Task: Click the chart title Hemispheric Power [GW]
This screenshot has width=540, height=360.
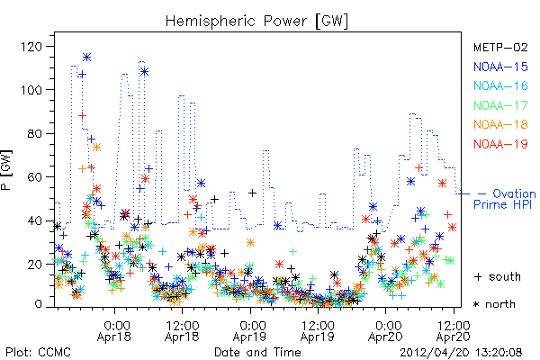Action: point(256,22)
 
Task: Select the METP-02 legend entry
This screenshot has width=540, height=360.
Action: point(500,47)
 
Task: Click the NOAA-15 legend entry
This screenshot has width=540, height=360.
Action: point(500,67)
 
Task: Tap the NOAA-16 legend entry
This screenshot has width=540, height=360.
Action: point(500,85)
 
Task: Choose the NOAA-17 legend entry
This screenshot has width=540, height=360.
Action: point(500,105)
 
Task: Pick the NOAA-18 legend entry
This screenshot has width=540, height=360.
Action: point(500,124)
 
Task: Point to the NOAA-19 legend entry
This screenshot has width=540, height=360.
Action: point(500,144)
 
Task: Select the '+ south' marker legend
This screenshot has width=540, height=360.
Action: point(498,276)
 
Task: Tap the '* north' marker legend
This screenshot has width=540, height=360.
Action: point(494,304)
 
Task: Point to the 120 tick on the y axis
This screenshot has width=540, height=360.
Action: point(31,47)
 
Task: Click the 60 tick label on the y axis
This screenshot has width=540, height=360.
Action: point(35,177)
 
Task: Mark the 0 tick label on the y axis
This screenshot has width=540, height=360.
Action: point(38,304)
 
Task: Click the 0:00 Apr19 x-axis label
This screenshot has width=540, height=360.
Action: point(249,331)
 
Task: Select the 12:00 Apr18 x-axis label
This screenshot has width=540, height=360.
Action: point(182,331)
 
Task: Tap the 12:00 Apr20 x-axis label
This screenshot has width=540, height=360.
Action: point(454,331)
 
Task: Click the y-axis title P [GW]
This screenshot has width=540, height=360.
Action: point(6,170)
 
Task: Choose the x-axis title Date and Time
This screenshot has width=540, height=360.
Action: point(257,353)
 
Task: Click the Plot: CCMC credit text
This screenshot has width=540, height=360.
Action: point(38,353)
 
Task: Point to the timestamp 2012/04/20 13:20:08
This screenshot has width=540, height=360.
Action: point(461,353)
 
